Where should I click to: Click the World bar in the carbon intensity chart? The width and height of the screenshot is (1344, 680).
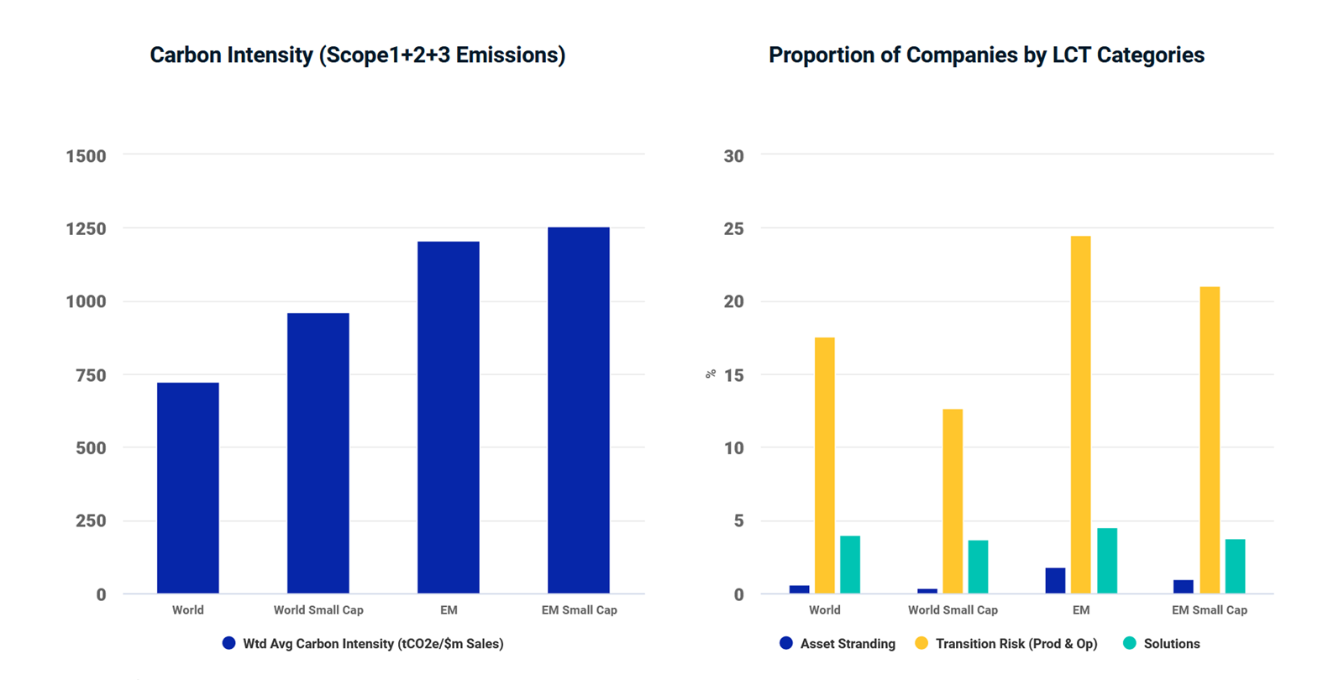click(187, 488)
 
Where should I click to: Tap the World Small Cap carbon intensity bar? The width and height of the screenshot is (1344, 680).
click(318, 453)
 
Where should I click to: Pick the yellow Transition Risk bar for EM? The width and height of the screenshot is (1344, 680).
click(1080, 415)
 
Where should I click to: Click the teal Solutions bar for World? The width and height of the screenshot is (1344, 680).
click(849, 564)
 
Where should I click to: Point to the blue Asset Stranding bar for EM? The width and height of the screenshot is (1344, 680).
click(1055, 580)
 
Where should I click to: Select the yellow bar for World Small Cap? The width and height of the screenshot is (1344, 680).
click(953, 501)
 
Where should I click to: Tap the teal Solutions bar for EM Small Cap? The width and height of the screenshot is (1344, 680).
click(1235, 566)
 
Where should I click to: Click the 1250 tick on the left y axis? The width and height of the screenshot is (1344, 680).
click(86, 228)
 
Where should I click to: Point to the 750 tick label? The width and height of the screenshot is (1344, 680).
click(91, 375)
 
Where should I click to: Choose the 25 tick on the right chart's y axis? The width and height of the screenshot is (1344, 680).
click(733, 228)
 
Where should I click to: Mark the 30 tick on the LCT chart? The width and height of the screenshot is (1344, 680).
click(733, 156)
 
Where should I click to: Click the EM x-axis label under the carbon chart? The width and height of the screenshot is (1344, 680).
click(449, 610)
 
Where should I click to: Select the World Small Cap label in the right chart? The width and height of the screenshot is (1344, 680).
click(953, 610)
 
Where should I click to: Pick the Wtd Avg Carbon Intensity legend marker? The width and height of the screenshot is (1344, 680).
click(228, 643)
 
